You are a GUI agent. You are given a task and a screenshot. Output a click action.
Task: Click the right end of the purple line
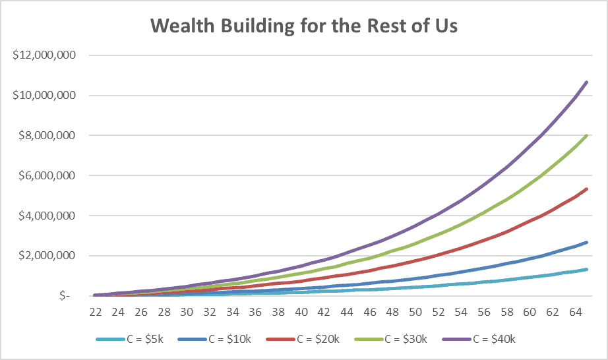click(x=587, y=82)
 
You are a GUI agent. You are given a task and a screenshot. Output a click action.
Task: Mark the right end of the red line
click(x=587, y=189)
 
